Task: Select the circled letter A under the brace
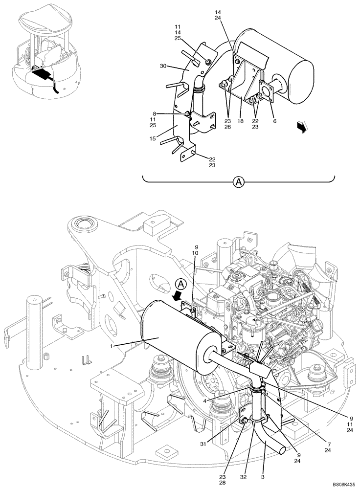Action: tap(238, 182)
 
